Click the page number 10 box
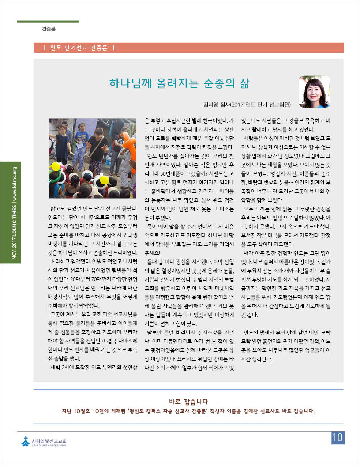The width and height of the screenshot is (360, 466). tap(337, 438)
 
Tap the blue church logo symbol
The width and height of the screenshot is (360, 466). tap(25, 441)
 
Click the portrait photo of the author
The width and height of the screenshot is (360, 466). tap(315, 92)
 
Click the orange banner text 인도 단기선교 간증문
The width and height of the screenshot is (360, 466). tap(76, 48)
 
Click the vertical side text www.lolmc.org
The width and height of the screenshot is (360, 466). tap(15, 185)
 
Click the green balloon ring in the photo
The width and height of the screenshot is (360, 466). tap(56, 177)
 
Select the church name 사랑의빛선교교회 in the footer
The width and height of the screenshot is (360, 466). tap(49, 440)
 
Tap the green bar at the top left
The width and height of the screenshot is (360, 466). tap(48, 21)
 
